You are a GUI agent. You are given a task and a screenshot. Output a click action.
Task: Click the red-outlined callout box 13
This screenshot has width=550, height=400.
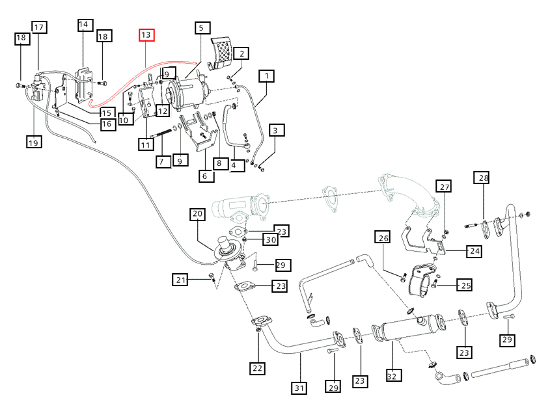coord(146,34)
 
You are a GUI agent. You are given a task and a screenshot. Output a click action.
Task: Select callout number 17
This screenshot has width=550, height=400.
coord(39,27)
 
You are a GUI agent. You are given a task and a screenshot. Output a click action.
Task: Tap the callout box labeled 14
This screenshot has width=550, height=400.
coord(83,25)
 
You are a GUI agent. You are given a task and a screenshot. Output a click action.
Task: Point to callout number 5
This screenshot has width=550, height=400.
coord(201,28)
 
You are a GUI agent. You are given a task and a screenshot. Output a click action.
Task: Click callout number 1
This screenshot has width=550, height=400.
coord(266,76)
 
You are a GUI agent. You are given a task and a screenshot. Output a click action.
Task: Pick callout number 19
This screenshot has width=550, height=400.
coord(34,141)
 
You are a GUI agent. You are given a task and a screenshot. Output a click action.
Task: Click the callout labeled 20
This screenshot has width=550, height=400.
coord(198,214)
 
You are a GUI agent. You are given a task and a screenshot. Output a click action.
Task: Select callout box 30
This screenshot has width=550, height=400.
coord(271,240)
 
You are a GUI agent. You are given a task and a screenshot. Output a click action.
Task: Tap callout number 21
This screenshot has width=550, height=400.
coord(181,280)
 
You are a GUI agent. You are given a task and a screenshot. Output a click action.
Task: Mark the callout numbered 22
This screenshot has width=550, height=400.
coord(258,369)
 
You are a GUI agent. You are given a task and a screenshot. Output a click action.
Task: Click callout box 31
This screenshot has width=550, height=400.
coord(299,389)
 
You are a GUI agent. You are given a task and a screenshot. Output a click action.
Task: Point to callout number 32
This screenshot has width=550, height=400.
coord(393,375)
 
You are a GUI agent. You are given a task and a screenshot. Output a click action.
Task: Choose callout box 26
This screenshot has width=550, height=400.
coord(384,239)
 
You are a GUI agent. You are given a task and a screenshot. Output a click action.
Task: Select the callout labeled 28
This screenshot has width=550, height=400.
coord(482,178)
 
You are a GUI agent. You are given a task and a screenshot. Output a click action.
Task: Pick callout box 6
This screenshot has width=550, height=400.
coord(206,176)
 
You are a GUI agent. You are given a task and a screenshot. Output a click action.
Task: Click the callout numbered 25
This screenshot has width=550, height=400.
coord(464,285)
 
